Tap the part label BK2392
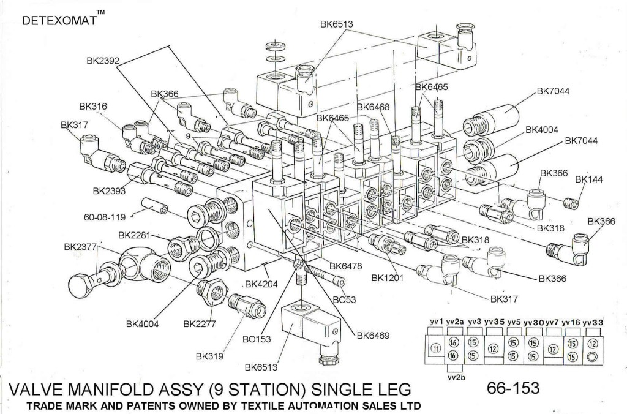(102, 61)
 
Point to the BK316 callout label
(92, 107)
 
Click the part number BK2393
(109, 191)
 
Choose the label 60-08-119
(107, 216)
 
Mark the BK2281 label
(134, 235)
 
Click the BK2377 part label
(80, 247)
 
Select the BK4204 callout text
(261, 284)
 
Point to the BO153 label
(257, 338)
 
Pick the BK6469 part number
(373, 335)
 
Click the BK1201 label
(388, 278)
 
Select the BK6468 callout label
(373, 107)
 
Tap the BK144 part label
(590, 179)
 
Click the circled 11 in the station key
(436, 348)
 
